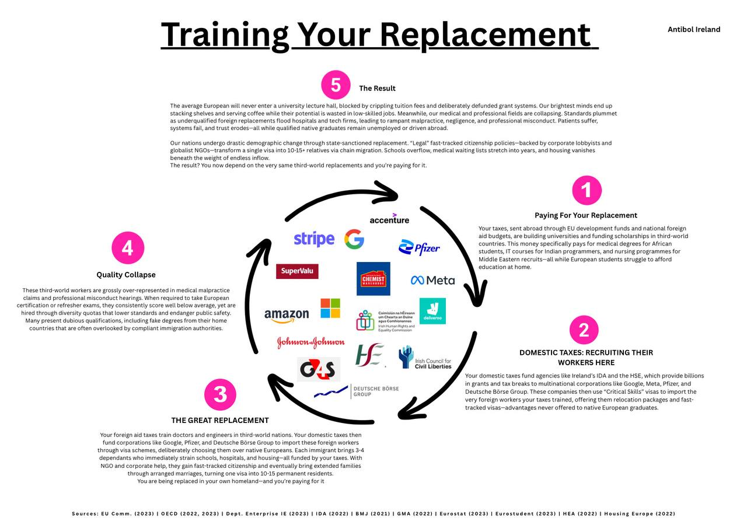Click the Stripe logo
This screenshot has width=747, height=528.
(314, 239)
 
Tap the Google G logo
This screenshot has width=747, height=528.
(354, 239)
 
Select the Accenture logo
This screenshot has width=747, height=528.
(389, 219)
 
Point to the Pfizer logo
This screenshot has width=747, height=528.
(419, 248)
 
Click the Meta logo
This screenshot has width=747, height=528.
(432, 280)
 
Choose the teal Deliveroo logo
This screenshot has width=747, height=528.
(432, 311)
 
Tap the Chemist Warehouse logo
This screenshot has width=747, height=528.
(373, 279)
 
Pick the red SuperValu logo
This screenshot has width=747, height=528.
(297, 271)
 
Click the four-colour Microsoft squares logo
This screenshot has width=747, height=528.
(330, 308)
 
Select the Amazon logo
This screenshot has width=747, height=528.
(287, 316)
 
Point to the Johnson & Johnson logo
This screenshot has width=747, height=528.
(310, 342)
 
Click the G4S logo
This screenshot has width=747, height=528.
(318, 369)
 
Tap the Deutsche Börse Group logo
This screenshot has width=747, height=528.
(357, 391)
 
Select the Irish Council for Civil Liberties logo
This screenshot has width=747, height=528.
(425, 358)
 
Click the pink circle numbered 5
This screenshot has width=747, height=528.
(336, 85)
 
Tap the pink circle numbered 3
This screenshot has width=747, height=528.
(220, 394)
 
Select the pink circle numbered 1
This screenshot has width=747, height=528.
(587, 190)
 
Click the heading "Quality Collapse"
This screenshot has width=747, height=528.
(126, 275)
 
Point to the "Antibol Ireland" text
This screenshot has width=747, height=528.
(694, 29)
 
